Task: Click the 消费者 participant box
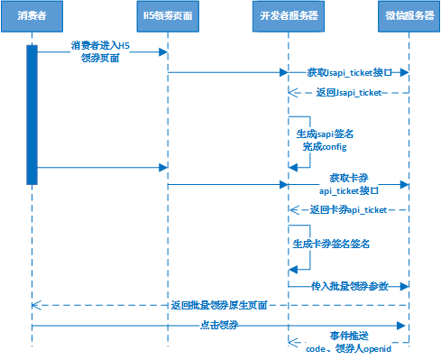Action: coord(32,17)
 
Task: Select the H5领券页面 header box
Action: coord(168,17)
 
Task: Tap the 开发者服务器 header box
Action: coord(289,17)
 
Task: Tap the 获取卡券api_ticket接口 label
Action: coord(348,184)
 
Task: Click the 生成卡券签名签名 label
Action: coord(332,244)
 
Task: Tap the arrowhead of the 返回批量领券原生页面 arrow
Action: coord(37,306)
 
